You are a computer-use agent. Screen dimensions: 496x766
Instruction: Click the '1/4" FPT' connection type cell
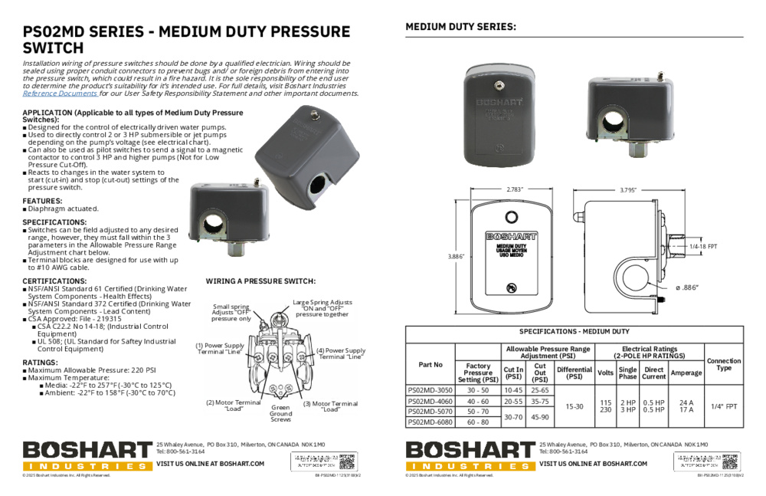coord(723,406)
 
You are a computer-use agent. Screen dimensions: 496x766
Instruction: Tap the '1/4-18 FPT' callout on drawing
coord(702,246)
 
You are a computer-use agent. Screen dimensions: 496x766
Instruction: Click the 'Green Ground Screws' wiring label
coord(280,413)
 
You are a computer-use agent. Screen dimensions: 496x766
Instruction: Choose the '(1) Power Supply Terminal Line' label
coord(220,348)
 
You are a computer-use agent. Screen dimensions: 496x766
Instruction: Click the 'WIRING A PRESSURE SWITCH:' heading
coord(260,281)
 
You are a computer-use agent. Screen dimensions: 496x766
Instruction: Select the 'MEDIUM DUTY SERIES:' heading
coord(460,27)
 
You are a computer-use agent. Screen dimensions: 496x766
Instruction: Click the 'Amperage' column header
coord(686,373)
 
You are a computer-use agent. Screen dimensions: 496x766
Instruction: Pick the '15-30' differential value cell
coord(574,406)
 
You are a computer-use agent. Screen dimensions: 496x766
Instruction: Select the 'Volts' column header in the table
coord(605,373)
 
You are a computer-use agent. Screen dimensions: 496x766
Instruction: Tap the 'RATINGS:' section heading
coord(41,362)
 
